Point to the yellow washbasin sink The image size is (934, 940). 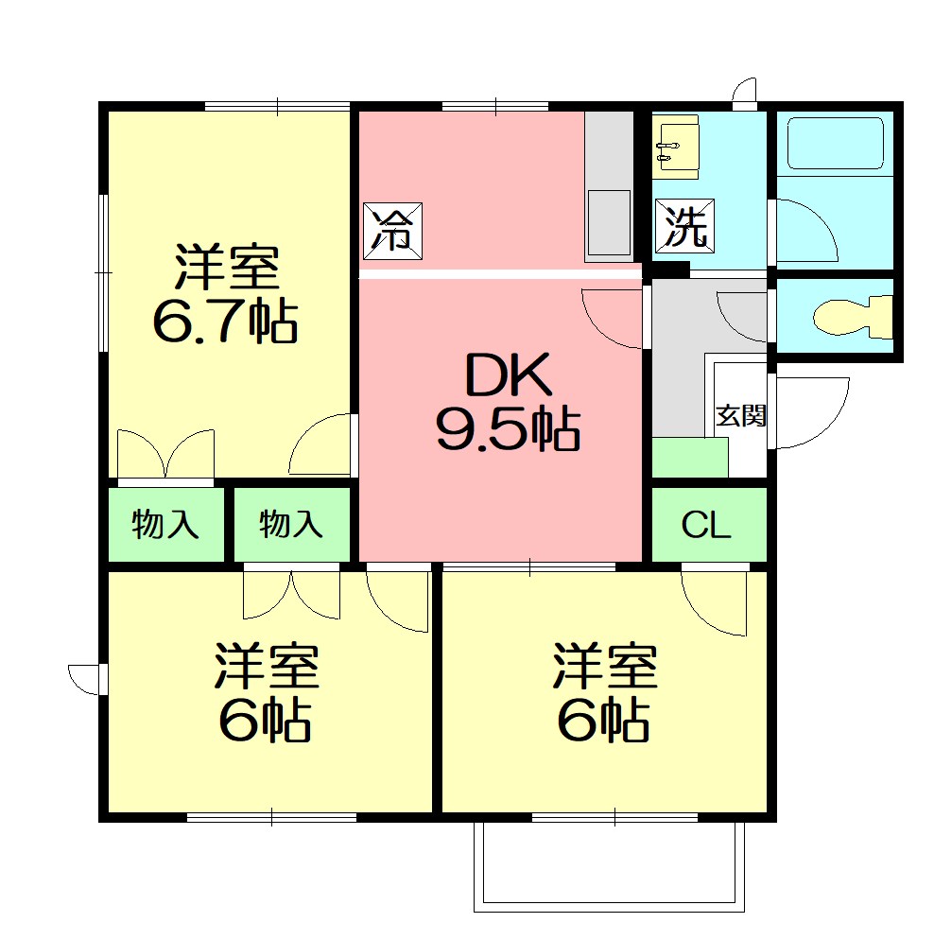[x=676, y=147]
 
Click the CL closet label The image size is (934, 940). [x=706, y=527]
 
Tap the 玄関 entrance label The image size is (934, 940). [x=740, y=416]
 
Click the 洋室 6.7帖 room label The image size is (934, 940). [x=226, y=295]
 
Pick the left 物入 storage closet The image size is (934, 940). [x=165, y=524]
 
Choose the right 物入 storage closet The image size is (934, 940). [x=291, y=524]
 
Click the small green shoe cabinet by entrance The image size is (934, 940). [x=689, y=458]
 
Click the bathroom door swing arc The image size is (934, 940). [x=805, y=231]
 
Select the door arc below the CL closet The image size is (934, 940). [x=716, y=602]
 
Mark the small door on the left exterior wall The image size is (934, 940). [x=86, y=679]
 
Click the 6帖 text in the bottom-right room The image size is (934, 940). [x=602, y=722]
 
